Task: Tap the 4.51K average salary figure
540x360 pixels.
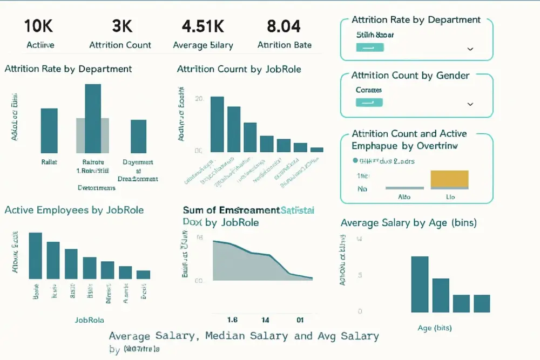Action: (203, 26)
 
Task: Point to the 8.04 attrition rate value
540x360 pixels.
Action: (284, 26)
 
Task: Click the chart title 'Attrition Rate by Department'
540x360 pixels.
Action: (68, 69)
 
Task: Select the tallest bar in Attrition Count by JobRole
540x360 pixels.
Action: (217, 124)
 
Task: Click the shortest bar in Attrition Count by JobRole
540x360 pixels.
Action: (316, 150)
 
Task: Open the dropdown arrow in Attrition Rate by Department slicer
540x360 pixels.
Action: (470, 49)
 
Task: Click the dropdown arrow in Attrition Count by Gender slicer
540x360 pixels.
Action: (470, 104)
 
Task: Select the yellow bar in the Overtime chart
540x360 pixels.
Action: (449, 179)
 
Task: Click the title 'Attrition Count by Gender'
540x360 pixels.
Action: (410, 76)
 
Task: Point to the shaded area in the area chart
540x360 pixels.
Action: (243, 264)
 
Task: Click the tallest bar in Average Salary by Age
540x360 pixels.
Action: (420, 284)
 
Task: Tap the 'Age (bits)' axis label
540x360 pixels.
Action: (435, 328)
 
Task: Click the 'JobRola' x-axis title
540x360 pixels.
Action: (90, 320)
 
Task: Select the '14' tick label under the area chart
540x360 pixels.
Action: (266, 320)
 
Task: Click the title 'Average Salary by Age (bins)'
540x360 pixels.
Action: (409, 223)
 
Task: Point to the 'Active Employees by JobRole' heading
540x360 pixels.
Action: (74, 210)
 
